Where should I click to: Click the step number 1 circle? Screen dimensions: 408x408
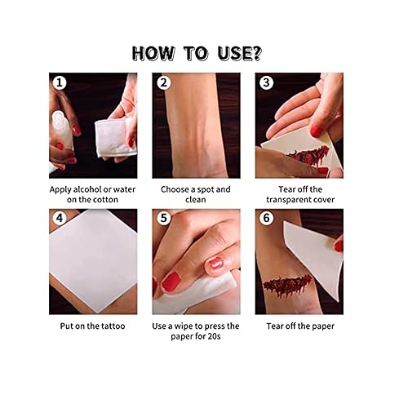coord(60,82)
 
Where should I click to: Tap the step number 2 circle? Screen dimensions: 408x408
coord(163,82)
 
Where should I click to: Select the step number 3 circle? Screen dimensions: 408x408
coord(267,82)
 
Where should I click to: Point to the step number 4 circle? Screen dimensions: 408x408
coord(60,218)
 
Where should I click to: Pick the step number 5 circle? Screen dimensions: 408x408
coord(163,218)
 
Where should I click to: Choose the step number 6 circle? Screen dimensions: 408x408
coord(267,218)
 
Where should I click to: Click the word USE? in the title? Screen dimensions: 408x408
coord(240,53)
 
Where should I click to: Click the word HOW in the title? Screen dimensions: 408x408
coord(153,53)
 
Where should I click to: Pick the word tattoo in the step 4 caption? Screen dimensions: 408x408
coord(112,326)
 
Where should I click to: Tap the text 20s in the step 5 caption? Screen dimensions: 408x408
coord(214,336)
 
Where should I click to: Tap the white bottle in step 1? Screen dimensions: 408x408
coord(62,130)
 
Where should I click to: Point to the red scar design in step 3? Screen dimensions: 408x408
coord(308,156)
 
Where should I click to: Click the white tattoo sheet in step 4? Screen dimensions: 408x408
coord(93,260)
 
